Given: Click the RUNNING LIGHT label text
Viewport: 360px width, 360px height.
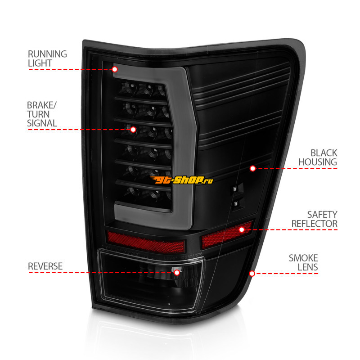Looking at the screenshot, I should point(47,58).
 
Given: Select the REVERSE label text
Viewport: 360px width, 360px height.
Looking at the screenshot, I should point(45,266).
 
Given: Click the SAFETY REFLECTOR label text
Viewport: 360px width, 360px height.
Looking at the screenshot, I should point(314,219).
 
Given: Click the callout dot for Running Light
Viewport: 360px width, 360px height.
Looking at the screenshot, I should point(114,69).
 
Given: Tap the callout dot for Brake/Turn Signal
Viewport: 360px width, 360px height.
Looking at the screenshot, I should point(133,129).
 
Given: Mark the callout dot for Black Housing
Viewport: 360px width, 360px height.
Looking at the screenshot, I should point(252,168).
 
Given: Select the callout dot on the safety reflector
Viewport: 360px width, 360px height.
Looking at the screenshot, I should point(242,229).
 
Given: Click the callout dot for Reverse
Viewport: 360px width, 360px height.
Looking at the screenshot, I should point(177,272).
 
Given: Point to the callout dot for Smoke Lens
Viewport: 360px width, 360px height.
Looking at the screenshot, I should point(252,273).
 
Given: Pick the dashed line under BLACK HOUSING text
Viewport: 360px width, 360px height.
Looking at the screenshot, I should point(297,168).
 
